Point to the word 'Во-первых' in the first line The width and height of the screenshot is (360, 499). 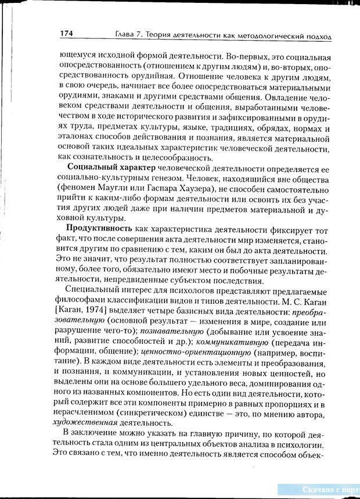(x=231, y=57)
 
